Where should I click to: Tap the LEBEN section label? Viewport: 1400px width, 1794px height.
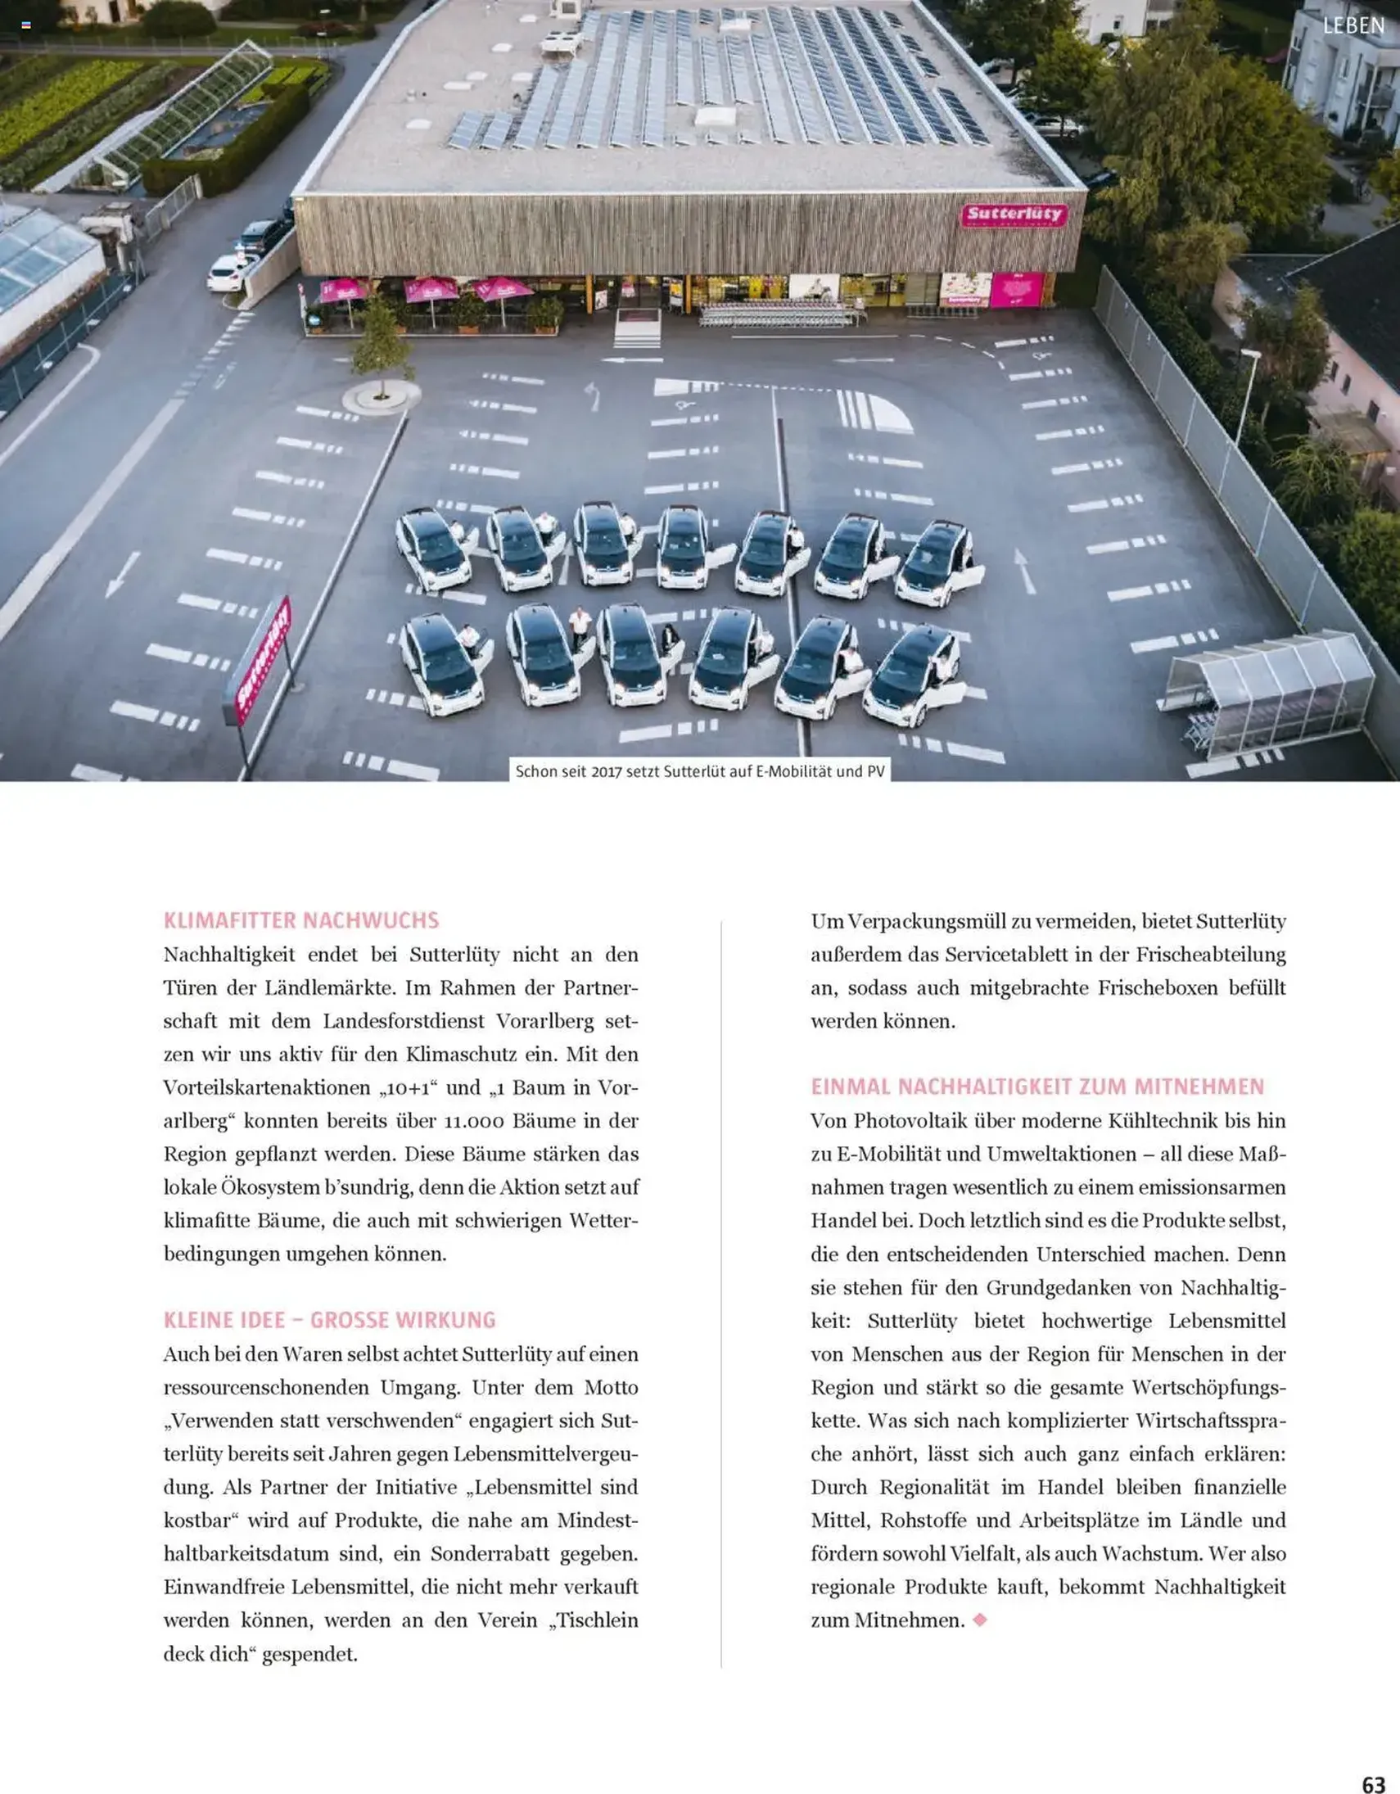click(1354, 26)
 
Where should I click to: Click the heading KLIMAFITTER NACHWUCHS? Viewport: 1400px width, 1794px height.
click(301, 920)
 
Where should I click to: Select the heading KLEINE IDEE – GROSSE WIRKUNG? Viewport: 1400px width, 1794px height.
click(329, 1320)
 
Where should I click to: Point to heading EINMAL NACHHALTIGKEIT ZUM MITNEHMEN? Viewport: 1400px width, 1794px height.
click(1037, 1087)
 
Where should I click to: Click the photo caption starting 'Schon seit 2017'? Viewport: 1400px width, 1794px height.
click(699, 771)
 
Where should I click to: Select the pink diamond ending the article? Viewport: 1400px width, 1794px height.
click(979, 1620)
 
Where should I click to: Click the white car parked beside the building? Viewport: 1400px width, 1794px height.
click(230, 272)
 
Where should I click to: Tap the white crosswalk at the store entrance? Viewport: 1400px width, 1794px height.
click(637, 328)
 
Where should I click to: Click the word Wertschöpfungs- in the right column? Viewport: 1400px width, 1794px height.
click(1208, 1387)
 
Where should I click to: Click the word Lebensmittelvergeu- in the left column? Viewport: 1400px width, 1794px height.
click(545, 1454)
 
